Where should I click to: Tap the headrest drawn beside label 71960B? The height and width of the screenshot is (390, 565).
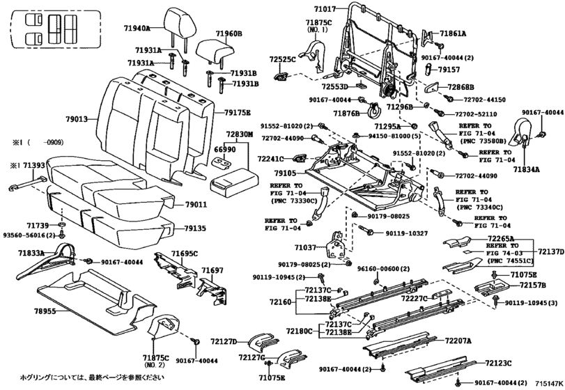click(215, 52)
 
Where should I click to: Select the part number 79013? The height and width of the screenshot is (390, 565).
click(77, 119)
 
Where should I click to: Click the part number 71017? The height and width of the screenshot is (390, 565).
click(325, 9)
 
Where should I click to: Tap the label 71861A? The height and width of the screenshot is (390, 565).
click(453, 34)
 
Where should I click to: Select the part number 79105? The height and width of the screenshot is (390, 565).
click(285, 173)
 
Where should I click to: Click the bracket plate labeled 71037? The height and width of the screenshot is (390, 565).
click(336, 244)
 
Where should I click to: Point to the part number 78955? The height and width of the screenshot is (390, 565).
click(45, 311)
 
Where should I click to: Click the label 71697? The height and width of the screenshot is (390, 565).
click(212, 270)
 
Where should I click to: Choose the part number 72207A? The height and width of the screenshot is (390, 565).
click(458, 341)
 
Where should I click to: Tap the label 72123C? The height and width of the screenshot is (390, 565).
click(498, 363)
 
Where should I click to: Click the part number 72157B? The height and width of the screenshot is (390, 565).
click(532, 286)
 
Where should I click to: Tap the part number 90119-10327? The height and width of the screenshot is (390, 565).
click(406, 233)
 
